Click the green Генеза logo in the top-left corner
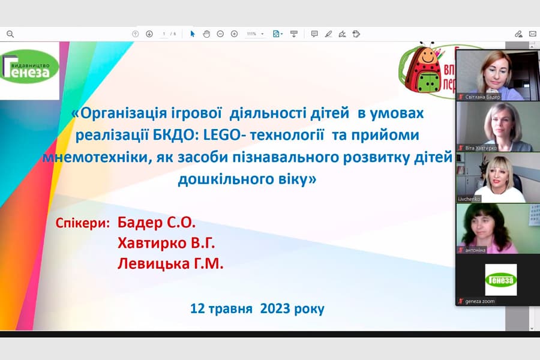[30, 70]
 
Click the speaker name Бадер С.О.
[157, 223]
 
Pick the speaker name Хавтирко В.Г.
[166, 244]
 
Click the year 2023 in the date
[277, 309]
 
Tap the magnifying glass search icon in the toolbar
[10, 34]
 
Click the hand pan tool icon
[206, 34]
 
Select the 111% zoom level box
[254, 34]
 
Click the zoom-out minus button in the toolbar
[220, 34]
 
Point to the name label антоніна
[475, 250]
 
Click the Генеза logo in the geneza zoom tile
[501, 280]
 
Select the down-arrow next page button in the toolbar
[149, 34]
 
